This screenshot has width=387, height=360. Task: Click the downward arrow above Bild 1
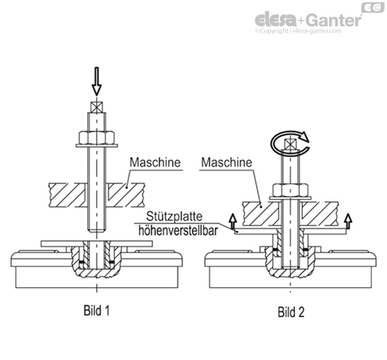[97, 82]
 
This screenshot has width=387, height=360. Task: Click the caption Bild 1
[97, 310]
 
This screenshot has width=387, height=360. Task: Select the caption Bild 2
[291, 312]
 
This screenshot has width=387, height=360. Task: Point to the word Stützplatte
[174, 216]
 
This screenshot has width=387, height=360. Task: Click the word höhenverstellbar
[178, 231]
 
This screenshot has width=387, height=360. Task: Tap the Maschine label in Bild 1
[155, 162]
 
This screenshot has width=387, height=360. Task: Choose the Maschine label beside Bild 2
[227, 162]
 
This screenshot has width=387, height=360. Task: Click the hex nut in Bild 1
[97, 137]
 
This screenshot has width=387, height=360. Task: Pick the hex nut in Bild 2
[290, 190]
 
